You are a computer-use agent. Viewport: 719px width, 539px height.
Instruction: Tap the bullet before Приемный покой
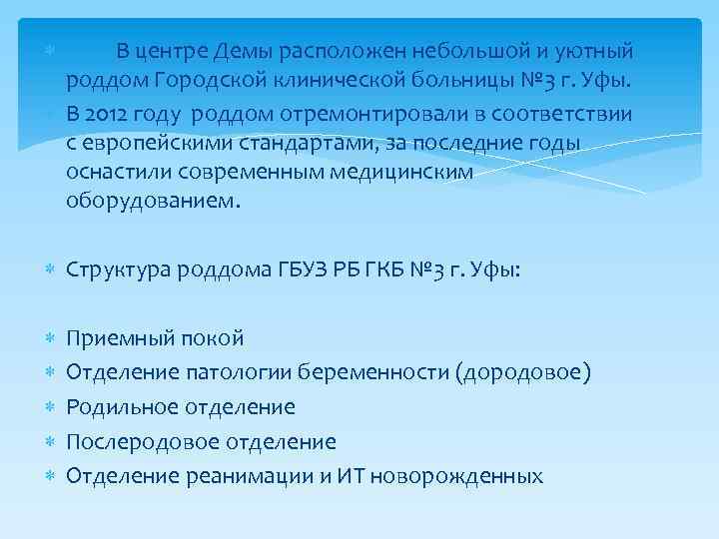50,339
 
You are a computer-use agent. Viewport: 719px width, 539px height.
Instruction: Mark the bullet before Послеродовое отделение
50,442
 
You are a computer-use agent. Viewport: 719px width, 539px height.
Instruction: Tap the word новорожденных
456,476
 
